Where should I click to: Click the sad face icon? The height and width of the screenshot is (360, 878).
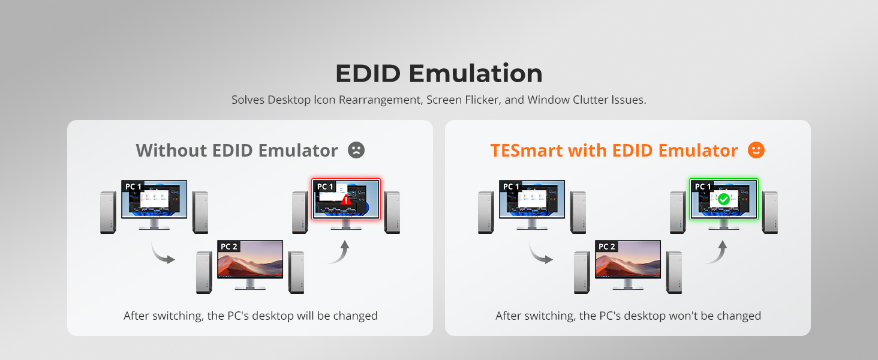click(356, 150)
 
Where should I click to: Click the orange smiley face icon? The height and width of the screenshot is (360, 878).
click(756, 150)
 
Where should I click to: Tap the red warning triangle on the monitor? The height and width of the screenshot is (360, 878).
click(345, 200)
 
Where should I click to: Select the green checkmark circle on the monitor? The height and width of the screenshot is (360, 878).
click(723, 199)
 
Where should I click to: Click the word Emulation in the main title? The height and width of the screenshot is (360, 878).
click(476, 73)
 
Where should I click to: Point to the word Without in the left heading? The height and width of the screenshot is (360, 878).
click(172, 151)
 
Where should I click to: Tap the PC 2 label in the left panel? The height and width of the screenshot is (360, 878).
click(229, 246)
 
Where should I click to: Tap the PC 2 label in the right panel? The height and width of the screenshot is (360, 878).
click(607, 246)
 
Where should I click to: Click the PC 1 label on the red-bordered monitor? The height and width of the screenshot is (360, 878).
click(325, 186)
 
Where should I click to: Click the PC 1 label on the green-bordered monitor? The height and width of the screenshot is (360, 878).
click(703, 186)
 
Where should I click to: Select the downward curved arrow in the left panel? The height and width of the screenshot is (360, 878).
click(160, 255)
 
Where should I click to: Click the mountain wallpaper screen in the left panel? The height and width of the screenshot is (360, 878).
click(250, 259)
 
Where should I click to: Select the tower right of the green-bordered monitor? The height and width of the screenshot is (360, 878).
click(770, 212)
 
